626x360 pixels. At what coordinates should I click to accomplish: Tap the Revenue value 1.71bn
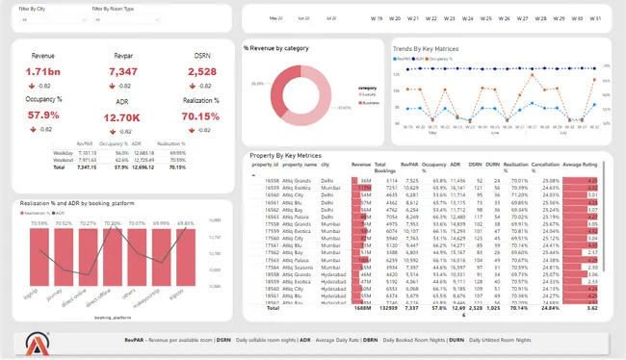43,72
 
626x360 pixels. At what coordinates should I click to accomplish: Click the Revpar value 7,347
123,72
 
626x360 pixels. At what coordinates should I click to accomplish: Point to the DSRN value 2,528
201,72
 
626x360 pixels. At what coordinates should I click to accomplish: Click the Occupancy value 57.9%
43,115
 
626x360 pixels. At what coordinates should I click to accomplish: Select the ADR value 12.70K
123,118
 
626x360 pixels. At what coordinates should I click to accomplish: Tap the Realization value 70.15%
200,116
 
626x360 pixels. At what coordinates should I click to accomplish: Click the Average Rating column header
580,165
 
